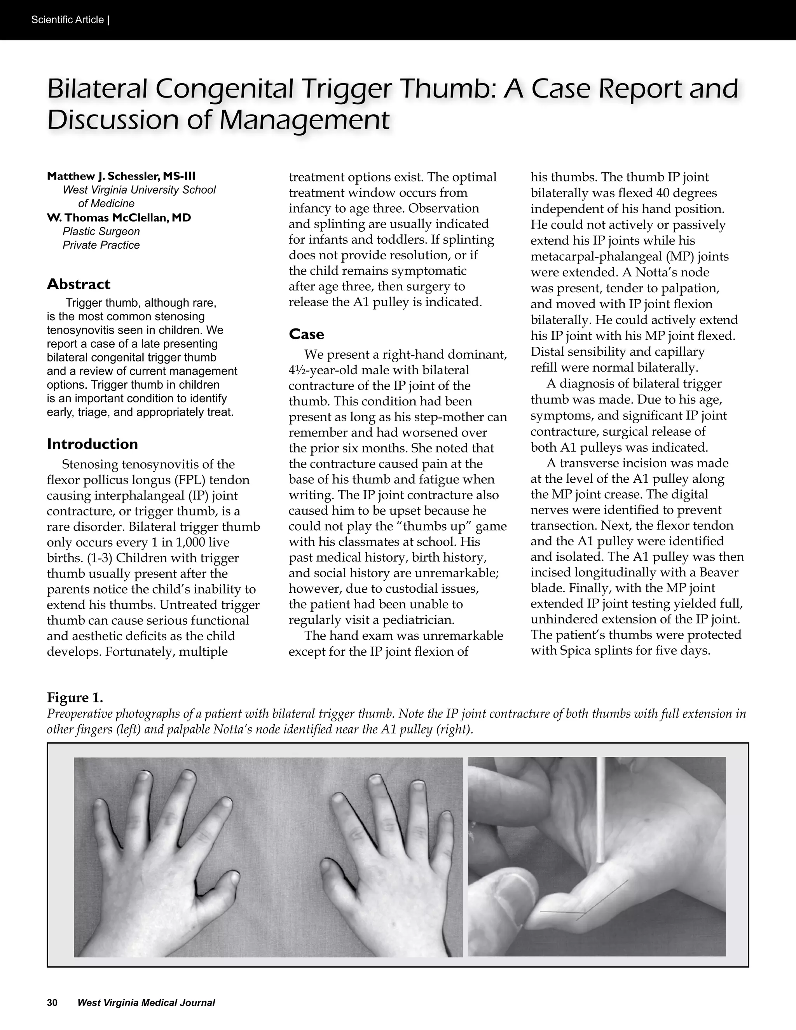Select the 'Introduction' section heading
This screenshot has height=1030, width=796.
[x=93, y=444]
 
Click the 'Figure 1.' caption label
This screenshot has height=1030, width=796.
[x=75, y=698]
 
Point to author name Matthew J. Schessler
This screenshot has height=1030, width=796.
[x=121, y=176]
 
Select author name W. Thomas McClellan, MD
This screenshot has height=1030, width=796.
[x=119, y=218]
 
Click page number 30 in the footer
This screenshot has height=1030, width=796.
[x=52, y=1003]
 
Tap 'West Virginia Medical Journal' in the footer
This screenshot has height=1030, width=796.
[x=146, y=1003]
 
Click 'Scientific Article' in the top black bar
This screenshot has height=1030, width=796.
[x=67, y=20]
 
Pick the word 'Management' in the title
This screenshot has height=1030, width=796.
[x=305, y=120]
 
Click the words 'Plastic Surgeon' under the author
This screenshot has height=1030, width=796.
[x=101, y=232]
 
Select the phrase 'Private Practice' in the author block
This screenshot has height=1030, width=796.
[x=101, y=245]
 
